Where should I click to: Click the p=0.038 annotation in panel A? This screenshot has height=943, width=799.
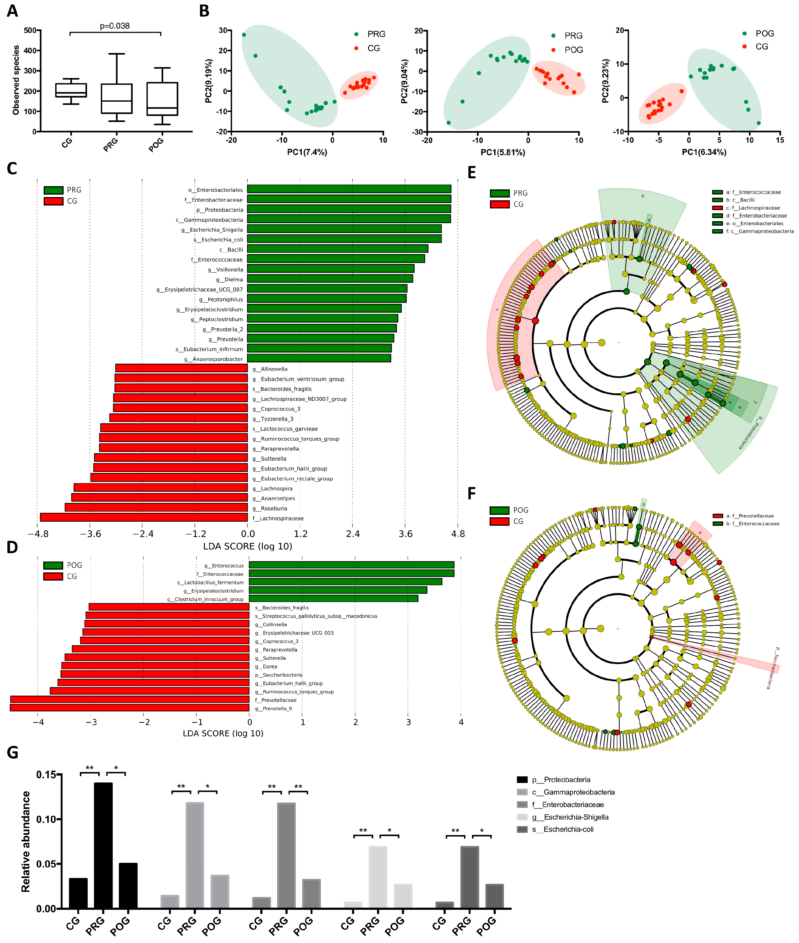115,26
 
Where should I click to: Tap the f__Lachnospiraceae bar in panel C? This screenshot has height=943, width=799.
144,518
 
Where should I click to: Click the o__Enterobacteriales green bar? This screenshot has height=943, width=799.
349,189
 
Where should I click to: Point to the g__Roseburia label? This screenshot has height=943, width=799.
274,508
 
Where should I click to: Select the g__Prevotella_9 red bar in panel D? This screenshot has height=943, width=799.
130,708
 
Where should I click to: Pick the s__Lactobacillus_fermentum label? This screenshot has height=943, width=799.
210,582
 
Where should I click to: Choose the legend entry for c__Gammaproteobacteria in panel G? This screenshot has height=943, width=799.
573,792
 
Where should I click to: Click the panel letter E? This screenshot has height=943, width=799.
472,173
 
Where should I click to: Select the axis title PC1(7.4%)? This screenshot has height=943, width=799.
307,152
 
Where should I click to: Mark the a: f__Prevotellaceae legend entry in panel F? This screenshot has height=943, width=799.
749,516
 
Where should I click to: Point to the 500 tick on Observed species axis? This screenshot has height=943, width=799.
30,30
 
